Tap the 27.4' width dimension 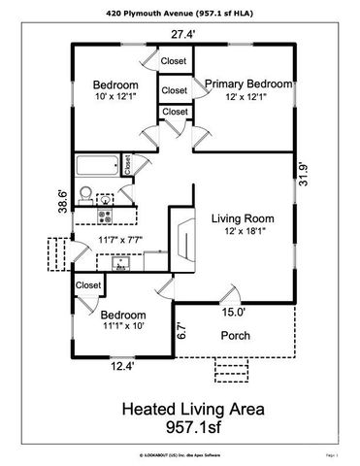tap(184, 35)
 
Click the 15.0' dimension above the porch tap(234, 312)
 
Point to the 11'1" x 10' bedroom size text tap(121, 328)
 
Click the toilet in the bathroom tap(85, 192)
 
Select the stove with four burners tap(103, 214)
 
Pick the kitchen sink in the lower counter tap(119, 262)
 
